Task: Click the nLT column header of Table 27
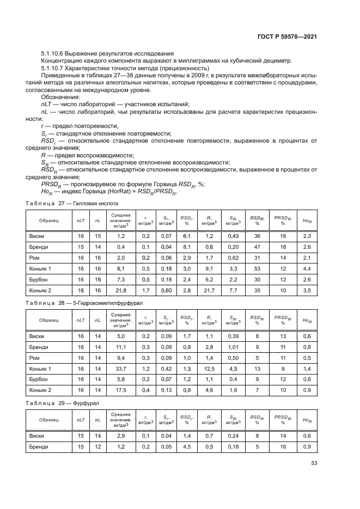81,220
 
